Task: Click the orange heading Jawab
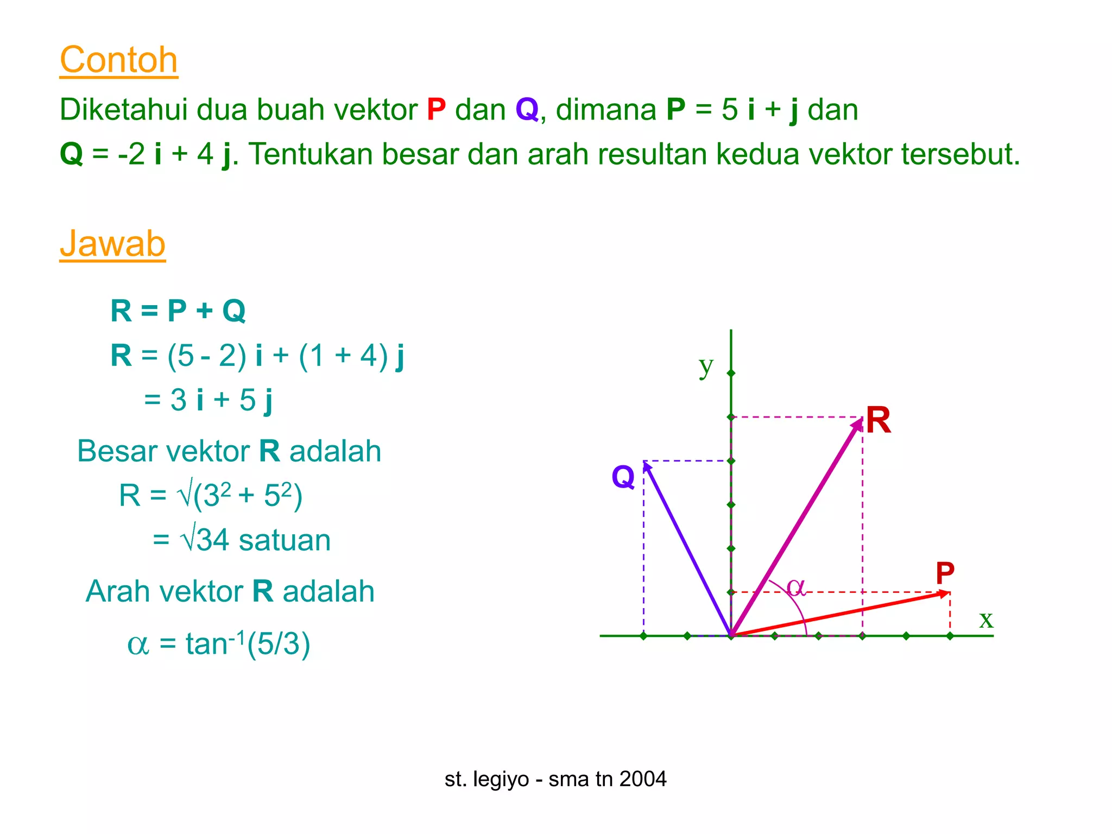point(112,244)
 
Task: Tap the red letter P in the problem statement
point(436,110)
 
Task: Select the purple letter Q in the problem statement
point(527,110)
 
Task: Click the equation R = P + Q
point(178,311)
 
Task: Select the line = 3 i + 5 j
point(208,400)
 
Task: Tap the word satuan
point(285,540)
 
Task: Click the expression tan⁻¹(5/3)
point(248,644)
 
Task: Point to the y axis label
point(705,368)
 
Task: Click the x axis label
point(986,619)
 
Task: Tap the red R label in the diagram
point(879,420)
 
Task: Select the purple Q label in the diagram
point(623,477)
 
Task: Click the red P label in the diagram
point(945,573)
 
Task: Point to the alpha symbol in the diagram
point(796,587)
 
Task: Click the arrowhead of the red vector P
point(945,594)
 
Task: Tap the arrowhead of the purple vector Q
point(647,466)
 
